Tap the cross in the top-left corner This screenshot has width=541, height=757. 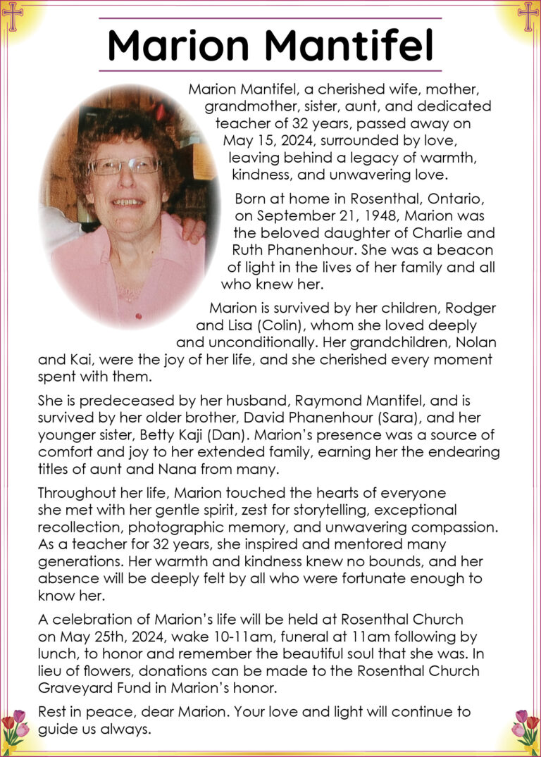13,16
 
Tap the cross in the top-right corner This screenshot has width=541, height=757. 528,16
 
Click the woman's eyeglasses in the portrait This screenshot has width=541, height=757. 124,166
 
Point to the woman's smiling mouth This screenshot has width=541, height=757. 128,202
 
